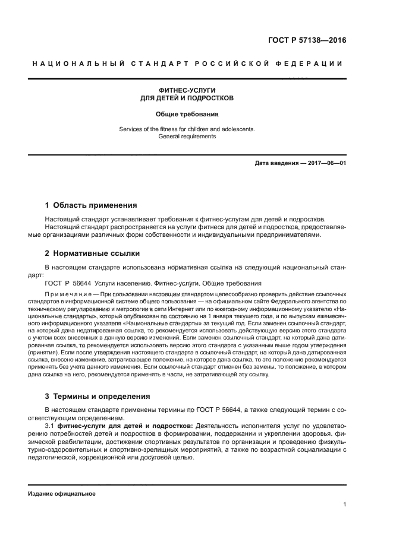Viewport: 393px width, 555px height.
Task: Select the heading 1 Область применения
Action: (91, 205)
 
